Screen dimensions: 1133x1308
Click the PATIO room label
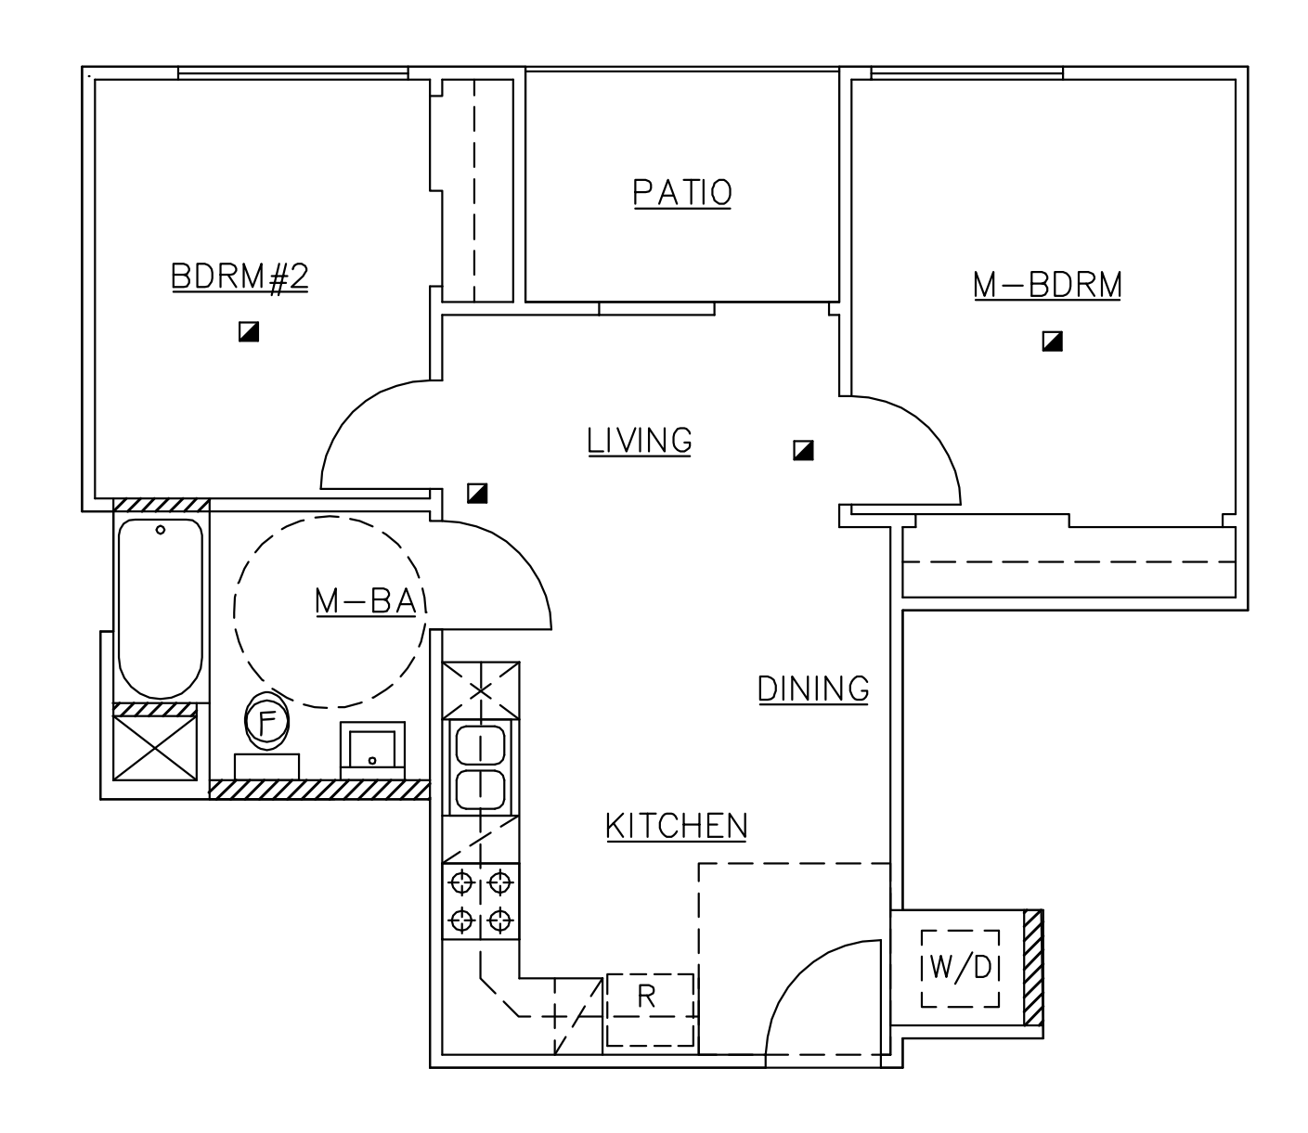click(x=682, y=193)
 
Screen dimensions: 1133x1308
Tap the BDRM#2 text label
click(x=239, y=277)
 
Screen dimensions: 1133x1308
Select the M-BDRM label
click(x=1047, y=285)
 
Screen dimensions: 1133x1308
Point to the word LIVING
click(x=640, y=441)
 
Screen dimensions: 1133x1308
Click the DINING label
click(x=813, y=689)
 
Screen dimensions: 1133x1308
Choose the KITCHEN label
click(x=676, y=826)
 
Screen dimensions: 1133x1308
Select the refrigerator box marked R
click(x=649, y=1009)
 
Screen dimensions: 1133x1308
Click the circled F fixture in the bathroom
click(x=266, y=721)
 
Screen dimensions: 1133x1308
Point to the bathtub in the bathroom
click(x=161, y=608)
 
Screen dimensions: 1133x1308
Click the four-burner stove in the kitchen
click(x=480, y=901)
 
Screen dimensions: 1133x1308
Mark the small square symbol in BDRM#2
click(x=248, y=331)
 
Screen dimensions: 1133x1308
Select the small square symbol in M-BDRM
click(x=1052, y=341)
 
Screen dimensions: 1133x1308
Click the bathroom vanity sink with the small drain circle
click(x=372, y=751)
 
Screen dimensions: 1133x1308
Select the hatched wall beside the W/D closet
click(x=1033, y=968)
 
